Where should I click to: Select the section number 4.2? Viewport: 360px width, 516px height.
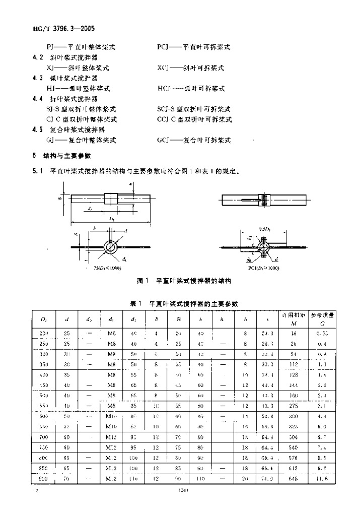(x=36, y=57)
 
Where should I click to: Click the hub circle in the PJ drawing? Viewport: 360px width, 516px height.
(x=112, y=246)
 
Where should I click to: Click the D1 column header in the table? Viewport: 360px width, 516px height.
(x=43, y=319)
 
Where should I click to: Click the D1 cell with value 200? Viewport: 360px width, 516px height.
(x=43, y=334)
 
